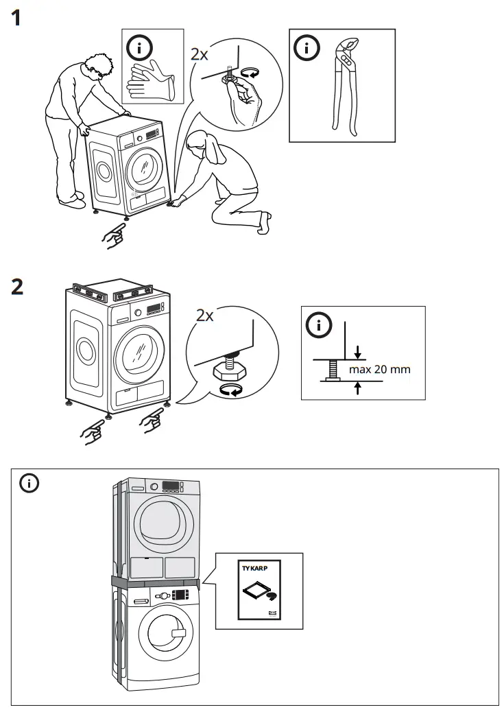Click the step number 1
pos(21,17)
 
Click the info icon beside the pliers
pos(307,48)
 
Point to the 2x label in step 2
pos(205,316)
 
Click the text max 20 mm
pos(379,370)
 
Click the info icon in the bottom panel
pos(29,484)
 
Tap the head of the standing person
pos(98,65)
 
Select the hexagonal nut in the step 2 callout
pos(227,371)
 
